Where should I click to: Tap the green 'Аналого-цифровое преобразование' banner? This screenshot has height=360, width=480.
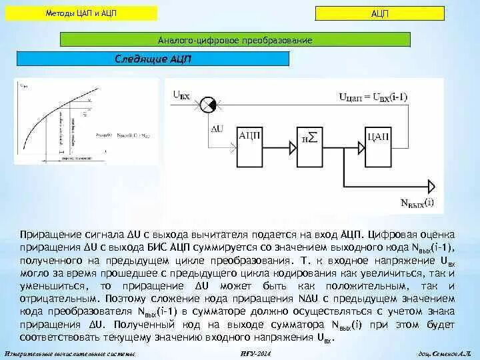tap(235, 40)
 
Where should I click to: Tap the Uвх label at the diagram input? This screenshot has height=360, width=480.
tap(181, 96)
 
